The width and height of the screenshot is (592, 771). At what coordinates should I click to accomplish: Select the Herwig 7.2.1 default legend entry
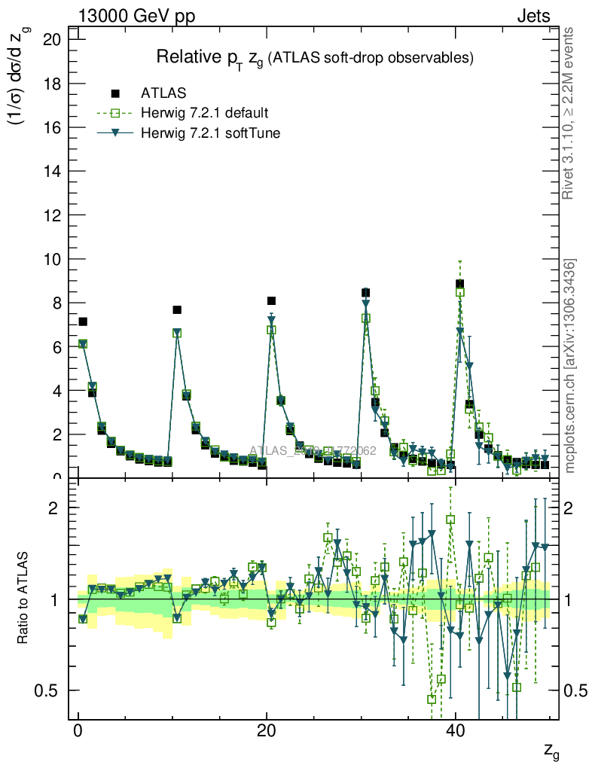pyautogui.click(x=204, y=114)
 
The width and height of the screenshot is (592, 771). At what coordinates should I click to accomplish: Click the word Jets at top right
pyautogui.click(x=533, y=17)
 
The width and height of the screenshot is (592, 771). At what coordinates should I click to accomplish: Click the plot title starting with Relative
pyautogui.click(x=314, y=57)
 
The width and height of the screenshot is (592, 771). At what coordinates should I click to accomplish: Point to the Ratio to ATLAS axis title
pyautogui.click(x=23, y=599)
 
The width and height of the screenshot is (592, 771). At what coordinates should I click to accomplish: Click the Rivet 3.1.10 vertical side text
pyautogui.click(x=569, y=113)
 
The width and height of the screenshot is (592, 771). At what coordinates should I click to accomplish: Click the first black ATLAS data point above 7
pyautogui.click(x=83, y=322)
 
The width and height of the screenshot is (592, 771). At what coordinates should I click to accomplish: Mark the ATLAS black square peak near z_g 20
pyautogui.click(x=272, y=301)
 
